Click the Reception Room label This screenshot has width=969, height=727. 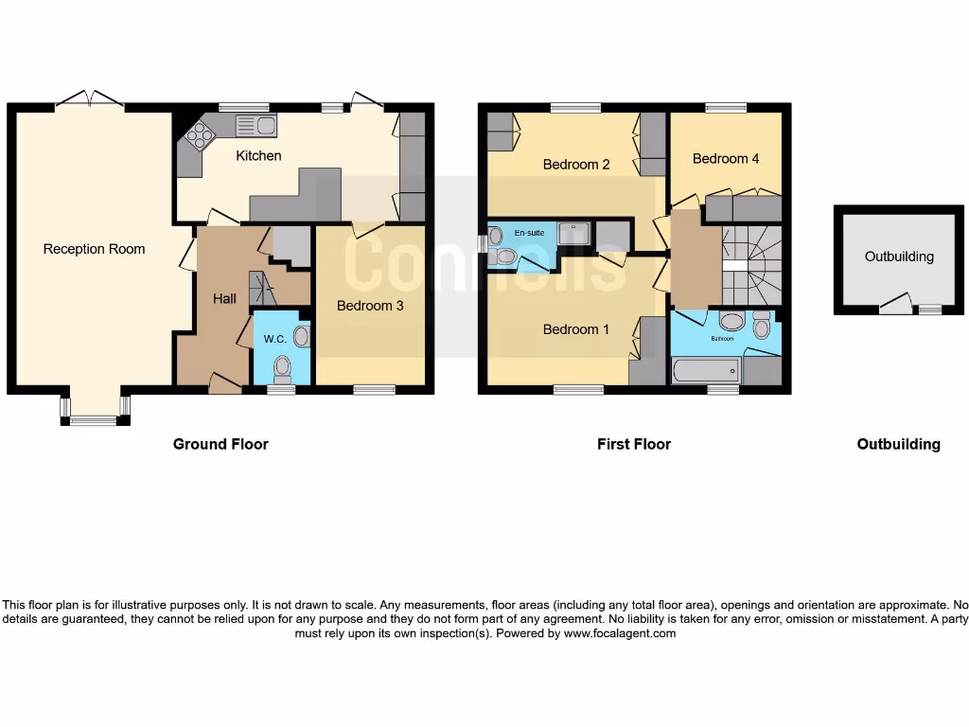click(x=94, y=249)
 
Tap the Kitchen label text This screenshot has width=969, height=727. click(x=258, y=155)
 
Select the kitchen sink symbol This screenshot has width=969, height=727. click(x=255, y=125)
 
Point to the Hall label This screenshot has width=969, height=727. click(x=224, y=298)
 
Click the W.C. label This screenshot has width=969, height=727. click(x=274, y=339)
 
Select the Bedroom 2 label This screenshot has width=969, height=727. click(x=575, y=164)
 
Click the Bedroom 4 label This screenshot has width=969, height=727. click(x=725, y=158)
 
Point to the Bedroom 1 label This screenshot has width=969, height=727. click(x=575, y=329)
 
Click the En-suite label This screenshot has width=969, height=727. click(x=529, y=232)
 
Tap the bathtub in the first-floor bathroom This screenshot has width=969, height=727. click(x=705, y=369)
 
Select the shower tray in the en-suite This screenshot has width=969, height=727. click(x=573, y=233)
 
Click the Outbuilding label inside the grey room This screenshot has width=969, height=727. click(x=899, y=257)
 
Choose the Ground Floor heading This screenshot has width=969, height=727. click(x=220, y=444)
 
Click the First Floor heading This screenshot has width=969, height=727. click(x=633, y=444)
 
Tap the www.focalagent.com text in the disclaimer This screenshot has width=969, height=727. click(x=620, y=633)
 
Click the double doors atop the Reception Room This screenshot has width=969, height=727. click(x=89, y=100)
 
